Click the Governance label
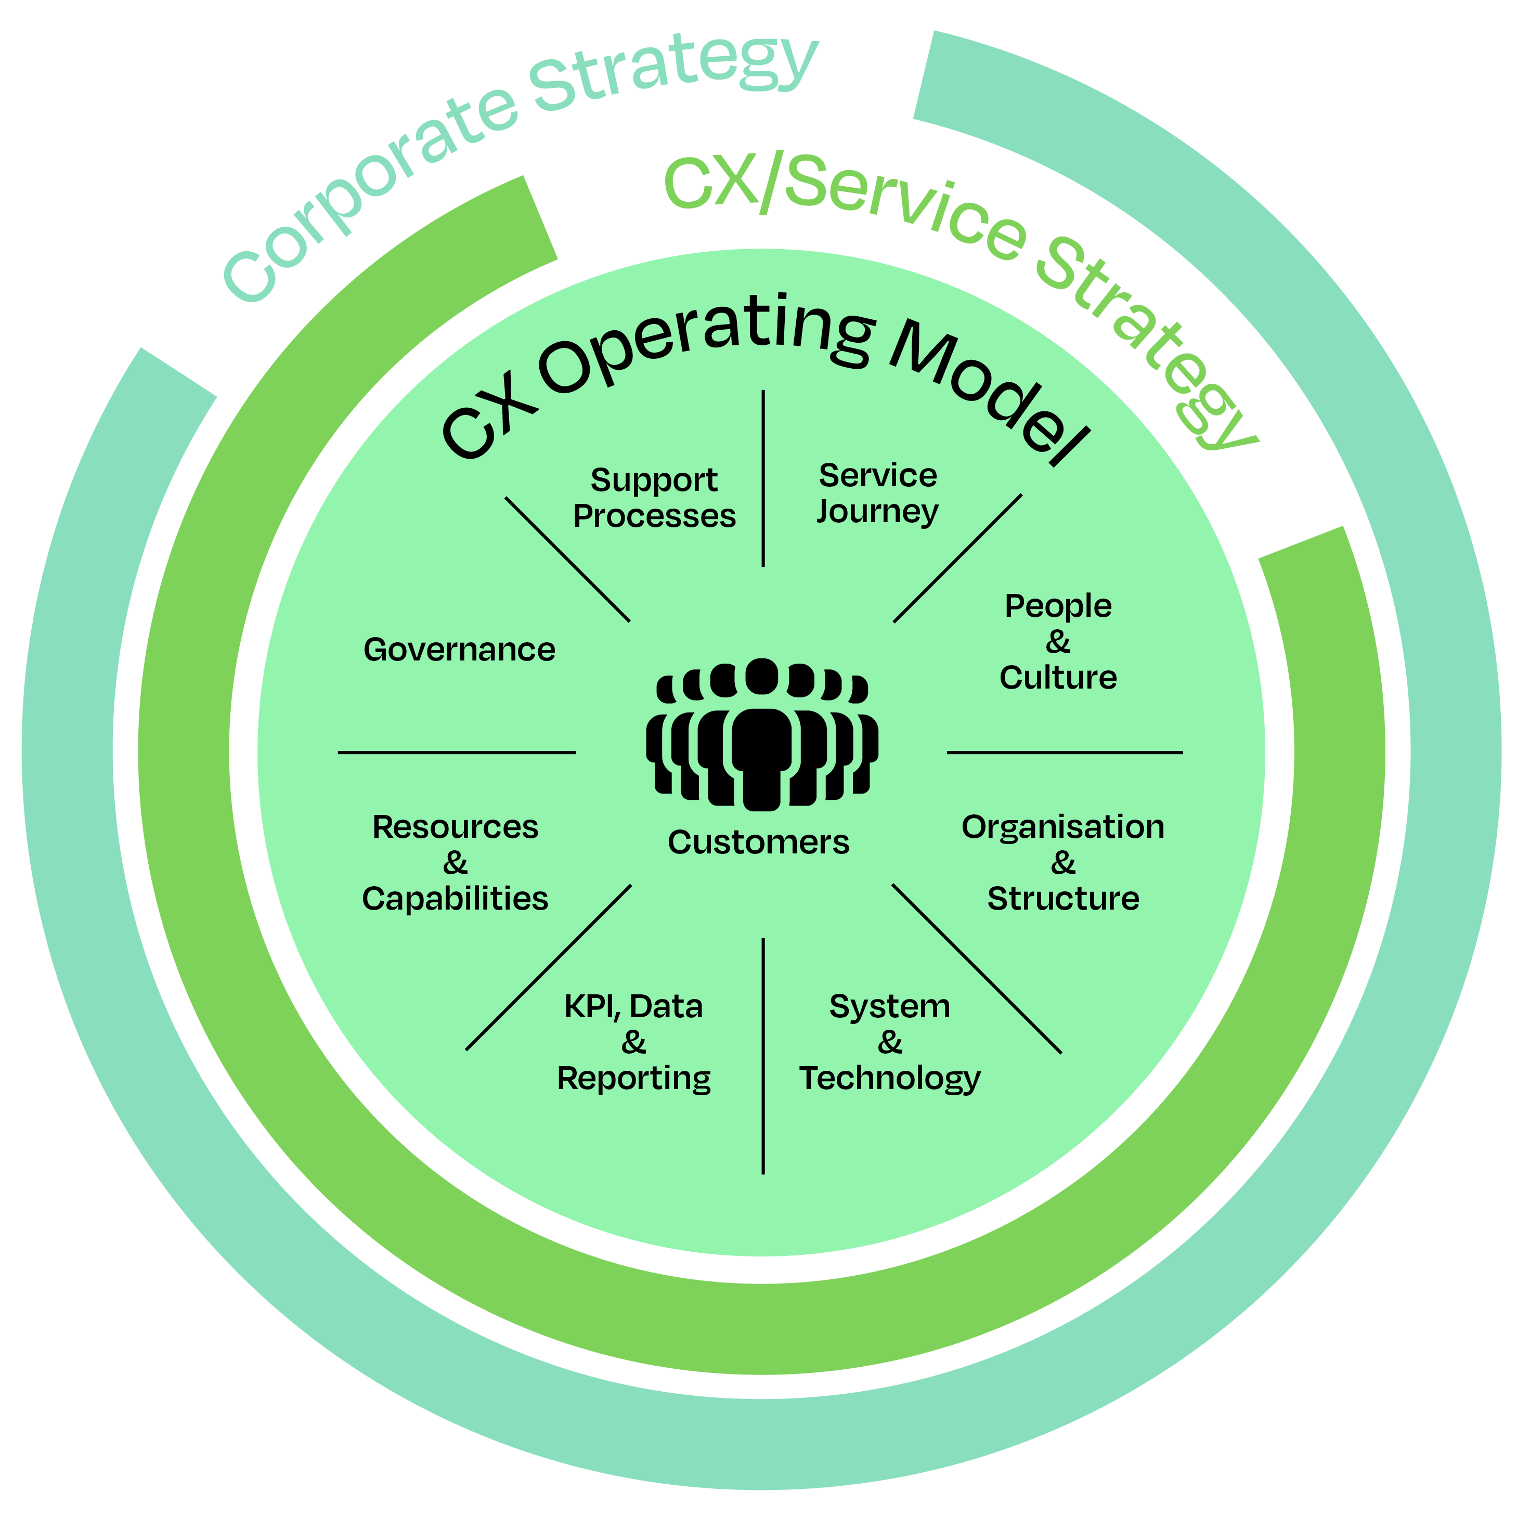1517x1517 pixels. [459, 650]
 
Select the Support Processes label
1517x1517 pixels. [654, 498]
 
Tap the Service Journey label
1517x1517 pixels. [878, 493]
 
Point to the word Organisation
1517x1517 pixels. [1063, 827]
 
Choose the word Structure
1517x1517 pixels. [1063, 898]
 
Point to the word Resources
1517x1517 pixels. [456, 827]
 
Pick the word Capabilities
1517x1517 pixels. [456, 898]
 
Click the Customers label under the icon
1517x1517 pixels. [758, 842]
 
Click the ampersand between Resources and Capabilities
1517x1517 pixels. [456, 863]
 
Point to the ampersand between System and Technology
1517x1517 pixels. [890, 1043]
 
